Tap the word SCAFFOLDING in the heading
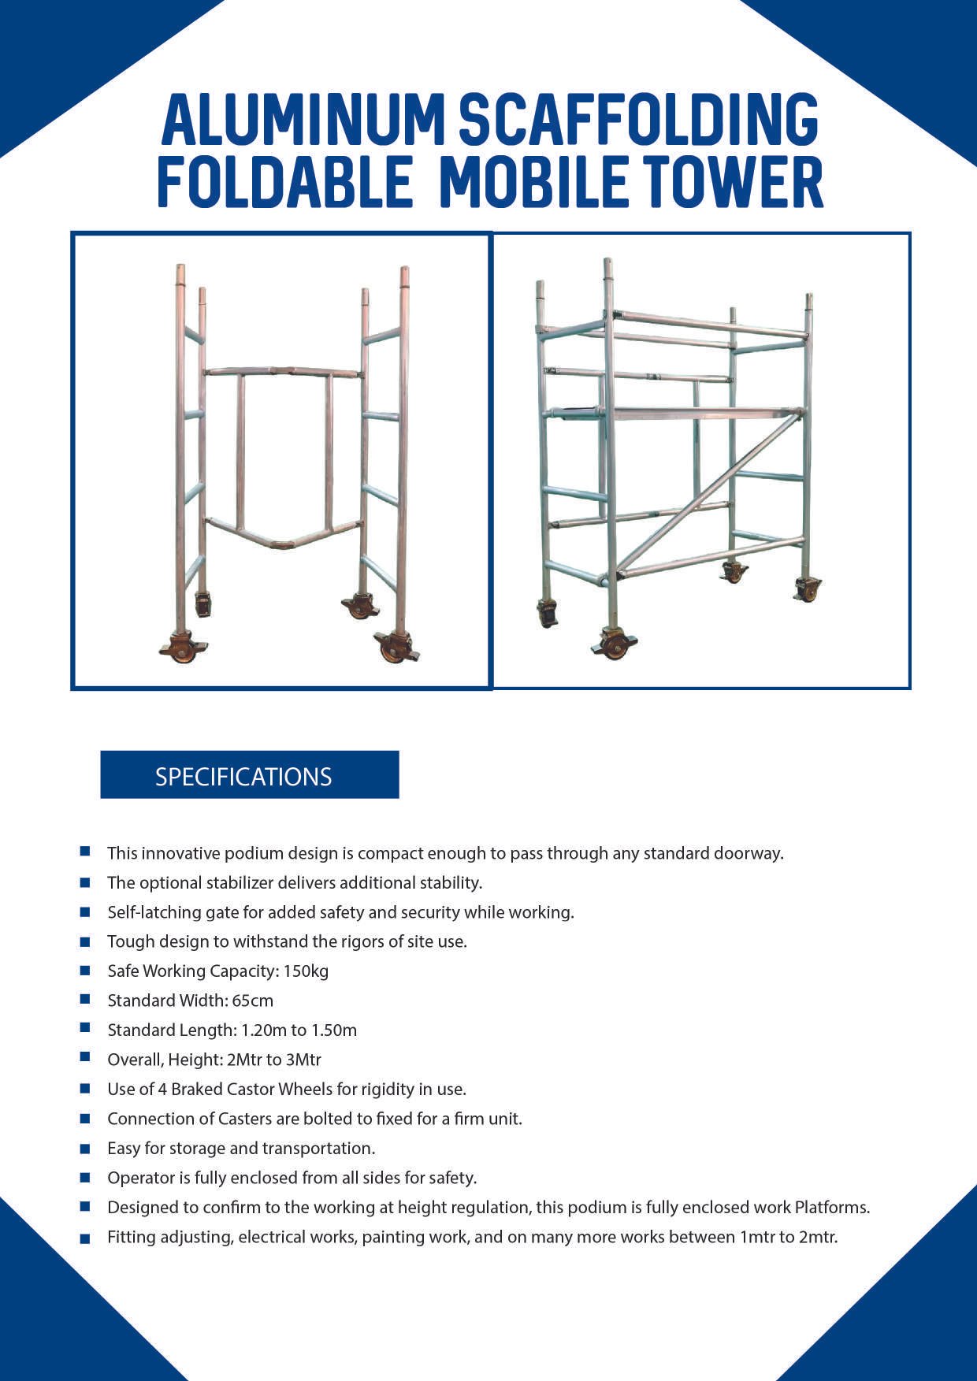(x=638, y=120)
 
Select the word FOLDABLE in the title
(x=284, y=182)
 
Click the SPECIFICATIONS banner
(x=249, y=776)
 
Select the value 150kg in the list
(x=306, y=971)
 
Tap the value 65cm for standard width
(x=252, y=1000)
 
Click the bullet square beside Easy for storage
(x=85, y=1149)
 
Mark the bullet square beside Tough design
(x=85, y=941)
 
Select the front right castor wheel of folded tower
(x=395, y=648)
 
